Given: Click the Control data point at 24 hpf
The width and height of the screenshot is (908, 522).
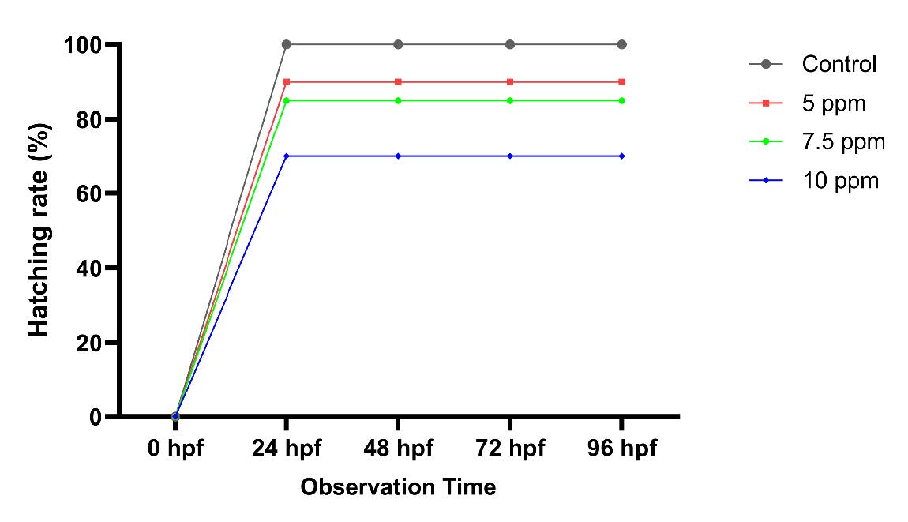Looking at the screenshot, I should pyautogui.click(x=287, y=44).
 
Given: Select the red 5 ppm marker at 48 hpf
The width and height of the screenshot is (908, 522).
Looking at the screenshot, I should pyautogui.click(x=398, y=82).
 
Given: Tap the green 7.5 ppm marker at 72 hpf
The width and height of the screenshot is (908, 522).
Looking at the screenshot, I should pyautogui.click(x=510, y=100).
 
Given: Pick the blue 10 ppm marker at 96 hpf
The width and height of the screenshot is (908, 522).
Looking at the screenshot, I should pyautogui.click(x=622, y=156).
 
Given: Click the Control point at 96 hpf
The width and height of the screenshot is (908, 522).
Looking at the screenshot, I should pyautogui.click(x=622, y=44).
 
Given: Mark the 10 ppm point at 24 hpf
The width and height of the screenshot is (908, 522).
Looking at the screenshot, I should pyautogui.click(x=287, y=156).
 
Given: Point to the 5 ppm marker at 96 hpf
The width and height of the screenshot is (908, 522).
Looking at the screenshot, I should pyautogui.click(x=622, y=82).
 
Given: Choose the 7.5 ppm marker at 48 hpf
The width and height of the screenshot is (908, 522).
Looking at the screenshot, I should pyautogui.click(x=398, y=100).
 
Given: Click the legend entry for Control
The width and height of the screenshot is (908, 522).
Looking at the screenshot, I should pyautogui.click(x=839, y=64).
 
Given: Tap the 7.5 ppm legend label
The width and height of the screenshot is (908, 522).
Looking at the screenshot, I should pyautogui.click(x=843, y=142).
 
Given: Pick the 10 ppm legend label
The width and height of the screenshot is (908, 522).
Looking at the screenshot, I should pyautogui.click(x=840, y=181).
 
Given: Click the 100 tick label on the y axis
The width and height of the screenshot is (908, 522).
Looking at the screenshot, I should pyautogui.click(x=84, y=45).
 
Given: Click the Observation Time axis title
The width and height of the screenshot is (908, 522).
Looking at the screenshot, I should pyautogui.click(x=398, y=487).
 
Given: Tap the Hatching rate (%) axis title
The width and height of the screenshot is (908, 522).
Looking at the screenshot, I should pyautogui.click(x=39, y=230).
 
